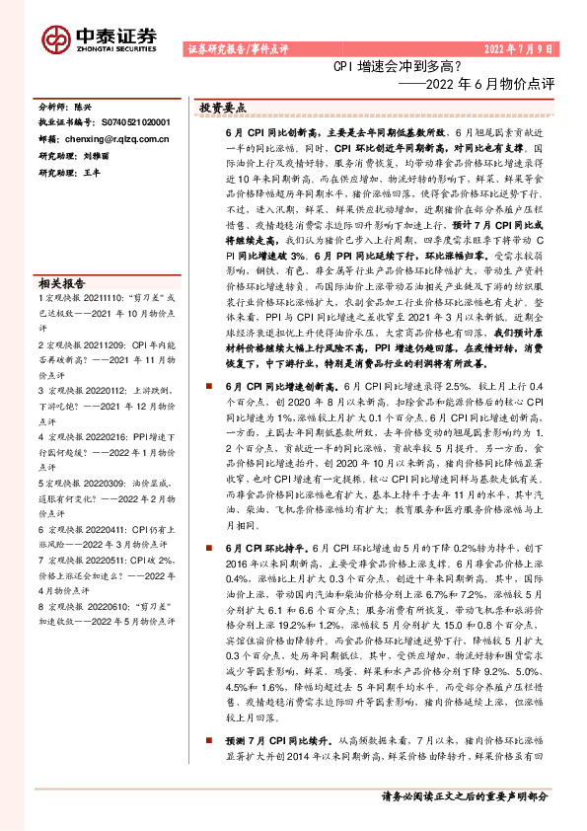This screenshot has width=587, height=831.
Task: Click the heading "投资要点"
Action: coord(222,107)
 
